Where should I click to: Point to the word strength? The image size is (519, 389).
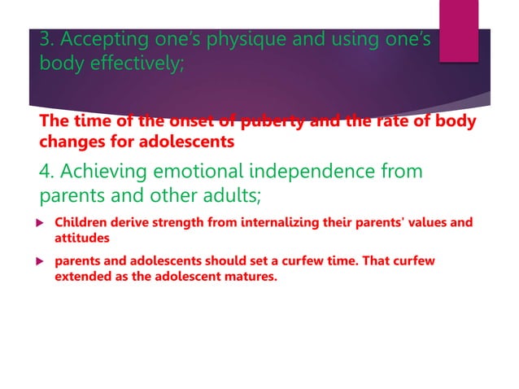[181, 222]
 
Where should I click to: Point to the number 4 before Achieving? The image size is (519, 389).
[46, 173]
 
